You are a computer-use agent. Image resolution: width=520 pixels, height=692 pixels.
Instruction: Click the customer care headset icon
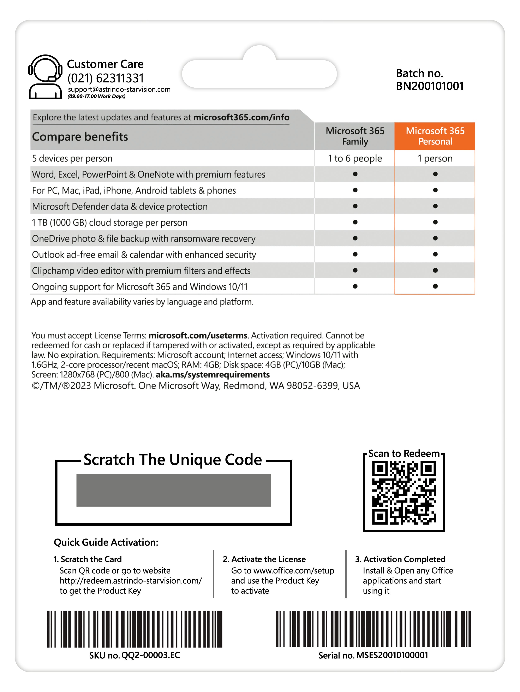pos(45,77)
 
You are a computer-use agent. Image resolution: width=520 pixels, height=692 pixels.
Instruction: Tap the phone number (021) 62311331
pos(106,78)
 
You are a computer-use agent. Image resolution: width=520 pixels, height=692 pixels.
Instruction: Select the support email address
pos(119,89)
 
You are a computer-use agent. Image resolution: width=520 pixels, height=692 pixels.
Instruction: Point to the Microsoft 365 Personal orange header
pos(435,136)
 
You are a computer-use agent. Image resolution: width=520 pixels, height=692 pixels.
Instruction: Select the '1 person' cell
pos(435,159)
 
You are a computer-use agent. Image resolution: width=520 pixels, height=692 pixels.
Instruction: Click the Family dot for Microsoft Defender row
pos(355,206)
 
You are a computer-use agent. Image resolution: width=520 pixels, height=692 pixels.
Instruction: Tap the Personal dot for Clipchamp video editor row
pos(435,270)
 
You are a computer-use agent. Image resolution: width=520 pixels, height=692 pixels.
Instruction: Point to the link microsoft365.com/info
pos(241,117)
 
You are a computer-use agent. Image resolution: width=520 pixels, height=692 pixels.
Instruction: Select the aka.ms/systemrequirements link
pos(213,374)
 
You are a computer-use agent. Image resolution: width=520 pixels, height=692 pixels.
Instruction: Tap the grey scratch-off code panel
pos(173,490)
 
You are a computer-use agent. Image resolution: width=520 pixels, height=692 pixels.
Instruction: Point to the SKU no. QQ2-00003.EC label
pos(135,655)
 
